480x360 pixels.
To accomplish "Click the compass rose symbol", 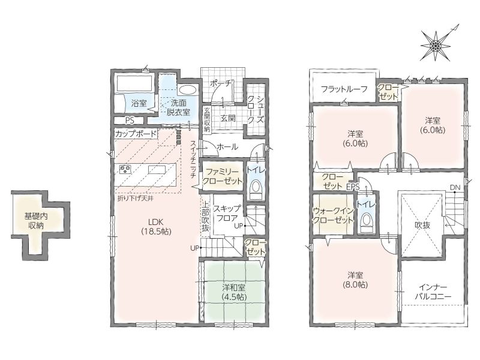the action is click(x=436, y=46).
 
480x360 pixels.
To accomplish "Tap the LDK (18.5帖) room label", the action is click(x=156, y=227).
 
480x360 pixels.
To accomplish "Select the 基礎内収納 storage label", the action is click(x=36, y=221).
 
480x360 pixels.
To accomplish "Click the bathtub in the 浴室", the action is click(x=134, y=82).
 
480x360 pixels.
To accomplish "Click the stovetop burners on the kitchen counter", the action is click(x=125, y=169).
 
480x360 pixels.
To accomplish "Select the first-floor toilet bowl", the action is click(x=256, y=187).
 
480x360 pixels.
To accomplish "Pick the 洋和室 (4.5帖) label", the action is click(x=234, y=292).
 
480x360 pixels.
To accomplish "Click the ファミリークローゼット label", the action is click(x=222, y=176).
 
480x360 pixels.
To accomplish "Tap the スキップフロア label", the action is click(x=227, y=214).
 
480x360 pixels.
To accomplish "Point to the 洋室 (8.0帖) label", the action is click(x=355, y=280).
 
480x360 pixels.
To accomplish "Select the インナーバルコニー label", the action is click(x=433, y=292).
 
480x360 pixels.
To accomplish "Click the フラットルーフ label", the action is click(x=344, y=89).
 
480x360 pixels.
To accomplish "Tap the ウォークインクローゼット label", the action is click(x=333, y=215).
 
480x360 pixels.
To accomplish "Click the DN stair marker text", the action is click(x=455, y=187).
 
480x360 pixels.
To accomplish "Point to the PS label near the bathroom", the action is click(x=130, y=121).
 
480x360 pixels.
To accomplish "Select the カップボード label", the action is click(x=136, y=134).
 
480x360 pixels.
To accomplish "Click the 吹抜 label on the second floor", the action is click(x=422, y=226).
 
